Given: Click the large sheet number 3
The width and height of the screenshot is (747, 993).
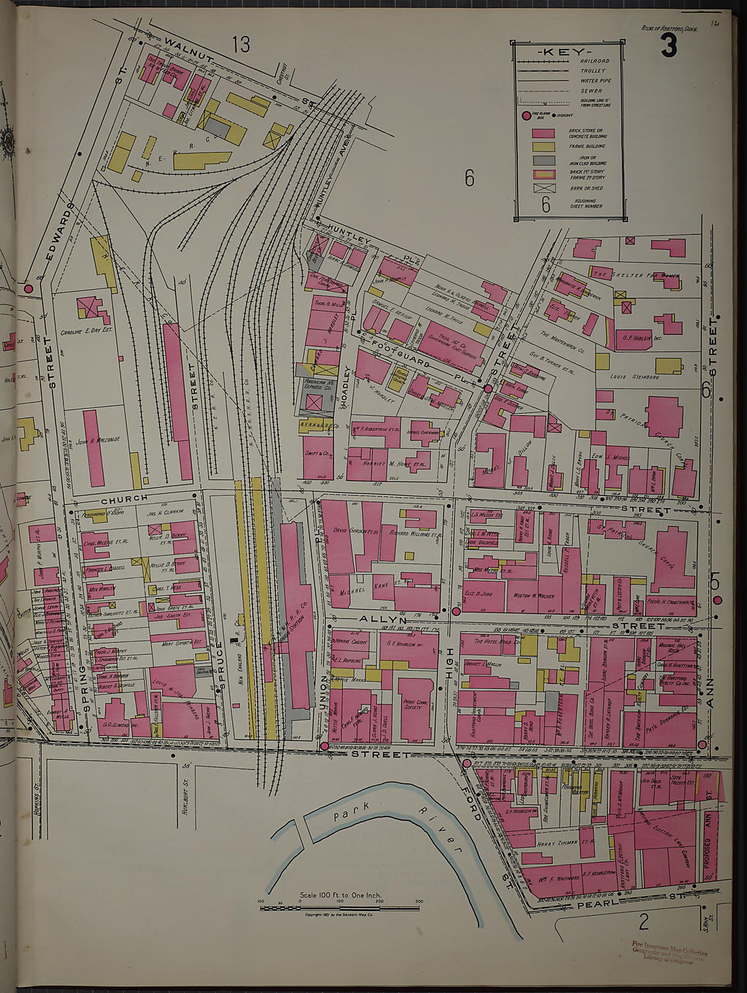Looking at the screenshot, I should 669,46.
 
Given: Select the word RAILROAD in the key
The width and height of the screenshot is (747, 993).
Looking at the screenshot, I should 594,61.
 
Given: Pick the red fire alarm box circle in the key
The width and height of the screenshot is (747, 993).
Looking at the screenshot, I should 526,116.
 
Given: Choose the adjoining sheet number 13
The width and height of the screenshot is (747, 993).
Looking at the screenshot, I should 240,45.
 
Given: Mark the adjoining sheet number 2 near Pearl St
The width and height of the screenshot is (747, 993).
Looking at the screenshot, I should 644,922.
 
